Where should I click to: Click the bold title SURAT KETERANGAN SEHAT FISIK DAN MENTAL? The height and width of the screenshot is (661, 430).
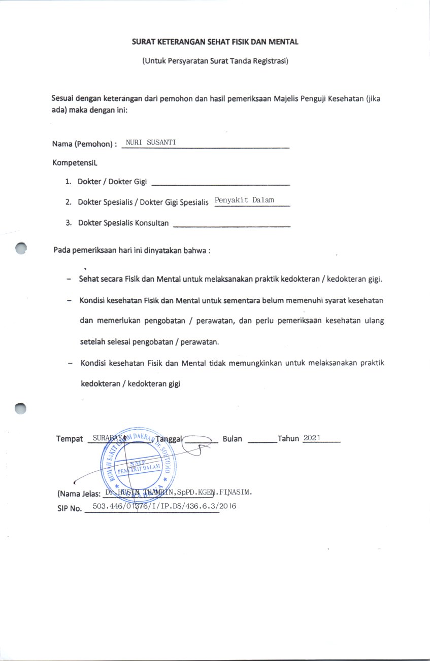215,42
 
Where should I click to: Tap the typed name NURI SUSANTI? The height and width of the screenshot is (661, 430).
151,142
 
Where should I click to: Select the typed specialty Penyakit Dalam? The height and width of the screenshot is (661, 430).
244,200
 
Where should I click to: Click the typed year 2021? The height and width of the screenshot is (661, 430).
313,438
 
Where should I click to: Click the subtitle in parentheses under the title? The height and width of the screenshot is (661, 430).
215,61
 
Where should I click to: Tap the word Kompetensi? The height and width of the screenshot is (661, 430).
74,163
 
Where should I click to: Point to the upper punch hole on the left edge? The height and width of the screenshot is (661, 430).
20,248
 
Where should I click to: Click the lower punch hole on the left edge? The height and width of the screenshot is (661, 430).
20,408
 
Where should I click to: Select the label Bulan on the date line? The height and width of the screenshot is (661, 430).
233,439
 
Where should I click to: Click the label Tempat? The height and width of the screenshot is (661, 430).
70,439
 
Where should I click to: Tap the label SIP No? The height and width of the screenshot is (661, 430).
69,508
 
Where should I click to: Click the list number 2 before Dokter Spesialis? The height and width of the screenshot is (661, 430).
68,202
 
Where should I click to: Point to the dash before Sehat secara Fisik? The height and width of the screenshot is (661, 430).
69,280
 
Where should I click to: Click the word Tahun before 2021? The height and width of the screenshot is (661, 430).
288,439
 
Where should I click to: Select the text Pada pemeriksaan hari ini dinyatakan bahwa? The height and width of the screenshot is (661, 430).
131,250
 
